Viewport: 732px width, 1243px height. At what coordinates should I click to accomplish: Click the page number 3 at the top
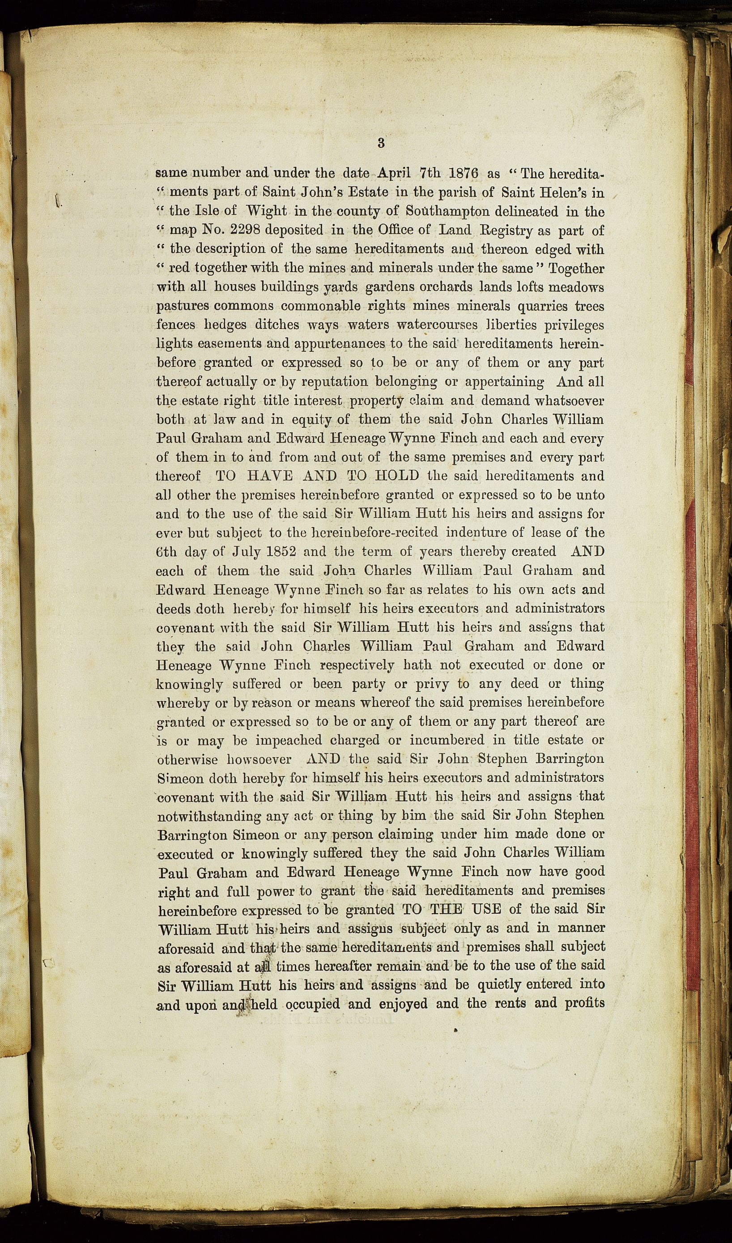tap(381, 143)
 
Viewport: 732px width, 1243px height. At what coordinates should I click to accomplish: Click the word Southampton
tap(448, 212)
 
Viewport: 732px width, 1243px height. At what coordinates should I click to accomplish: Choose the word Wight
tap(266, 212)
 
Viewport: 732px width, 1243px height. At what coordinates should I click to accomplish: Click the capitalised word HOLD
tap(396, 476)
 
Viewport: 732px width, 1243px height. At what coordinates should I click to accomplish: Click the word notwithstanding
tap(209, 816)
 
